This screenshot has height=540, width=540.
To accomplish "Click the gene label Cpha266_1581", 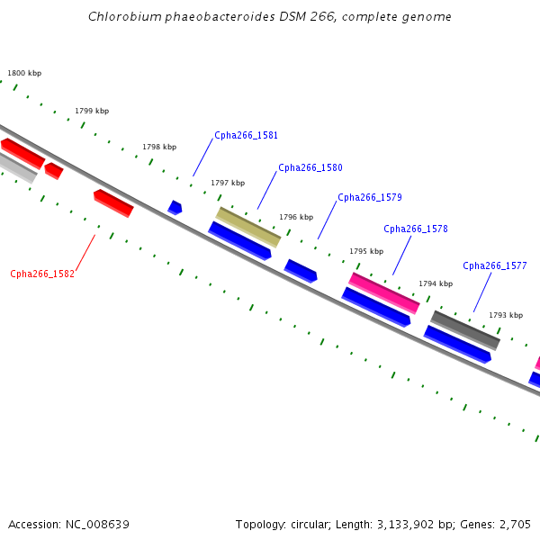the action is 246,135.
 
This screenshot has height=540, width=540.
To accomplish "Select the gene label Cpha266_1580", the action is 310,167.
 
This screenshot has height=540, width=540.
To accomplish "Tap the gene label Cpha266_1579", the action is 370,197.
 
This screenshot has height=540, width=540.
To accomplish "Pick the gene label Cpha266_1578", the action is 416,229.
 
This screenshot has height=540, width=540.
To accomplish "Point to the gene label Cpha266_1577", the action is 494,265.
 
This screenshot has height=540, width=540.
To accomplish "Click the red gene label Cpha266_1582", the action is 42,274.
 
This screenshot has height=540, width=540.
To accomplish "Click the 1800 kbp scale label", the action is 24,73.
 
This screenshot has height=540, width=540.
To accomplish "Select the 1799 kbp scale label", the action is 92,111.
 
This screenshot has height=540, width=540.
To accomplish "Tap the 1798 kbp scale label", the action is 159,147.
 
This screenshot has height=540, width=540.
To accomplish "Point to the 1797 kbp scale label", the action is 228,183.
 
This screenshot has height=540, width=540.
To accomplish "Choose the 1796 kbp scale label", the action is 296,217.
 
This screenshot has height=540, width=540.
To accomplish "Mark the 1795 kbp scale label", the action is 366,251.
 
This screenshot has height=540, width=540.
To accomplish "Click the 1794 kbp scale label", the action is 436,283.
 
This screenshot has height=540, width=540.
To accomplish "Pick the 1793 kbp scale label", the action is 506,316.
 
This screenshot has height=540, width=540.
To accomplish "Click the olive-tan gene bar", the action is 248,228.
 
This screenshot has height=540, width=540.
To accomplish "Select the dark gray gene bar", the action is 465,330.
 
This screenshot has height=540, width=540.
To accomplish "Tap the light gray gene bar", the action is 17,168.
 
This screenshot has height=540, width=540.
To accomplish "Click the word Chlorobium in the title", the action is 125,16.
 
